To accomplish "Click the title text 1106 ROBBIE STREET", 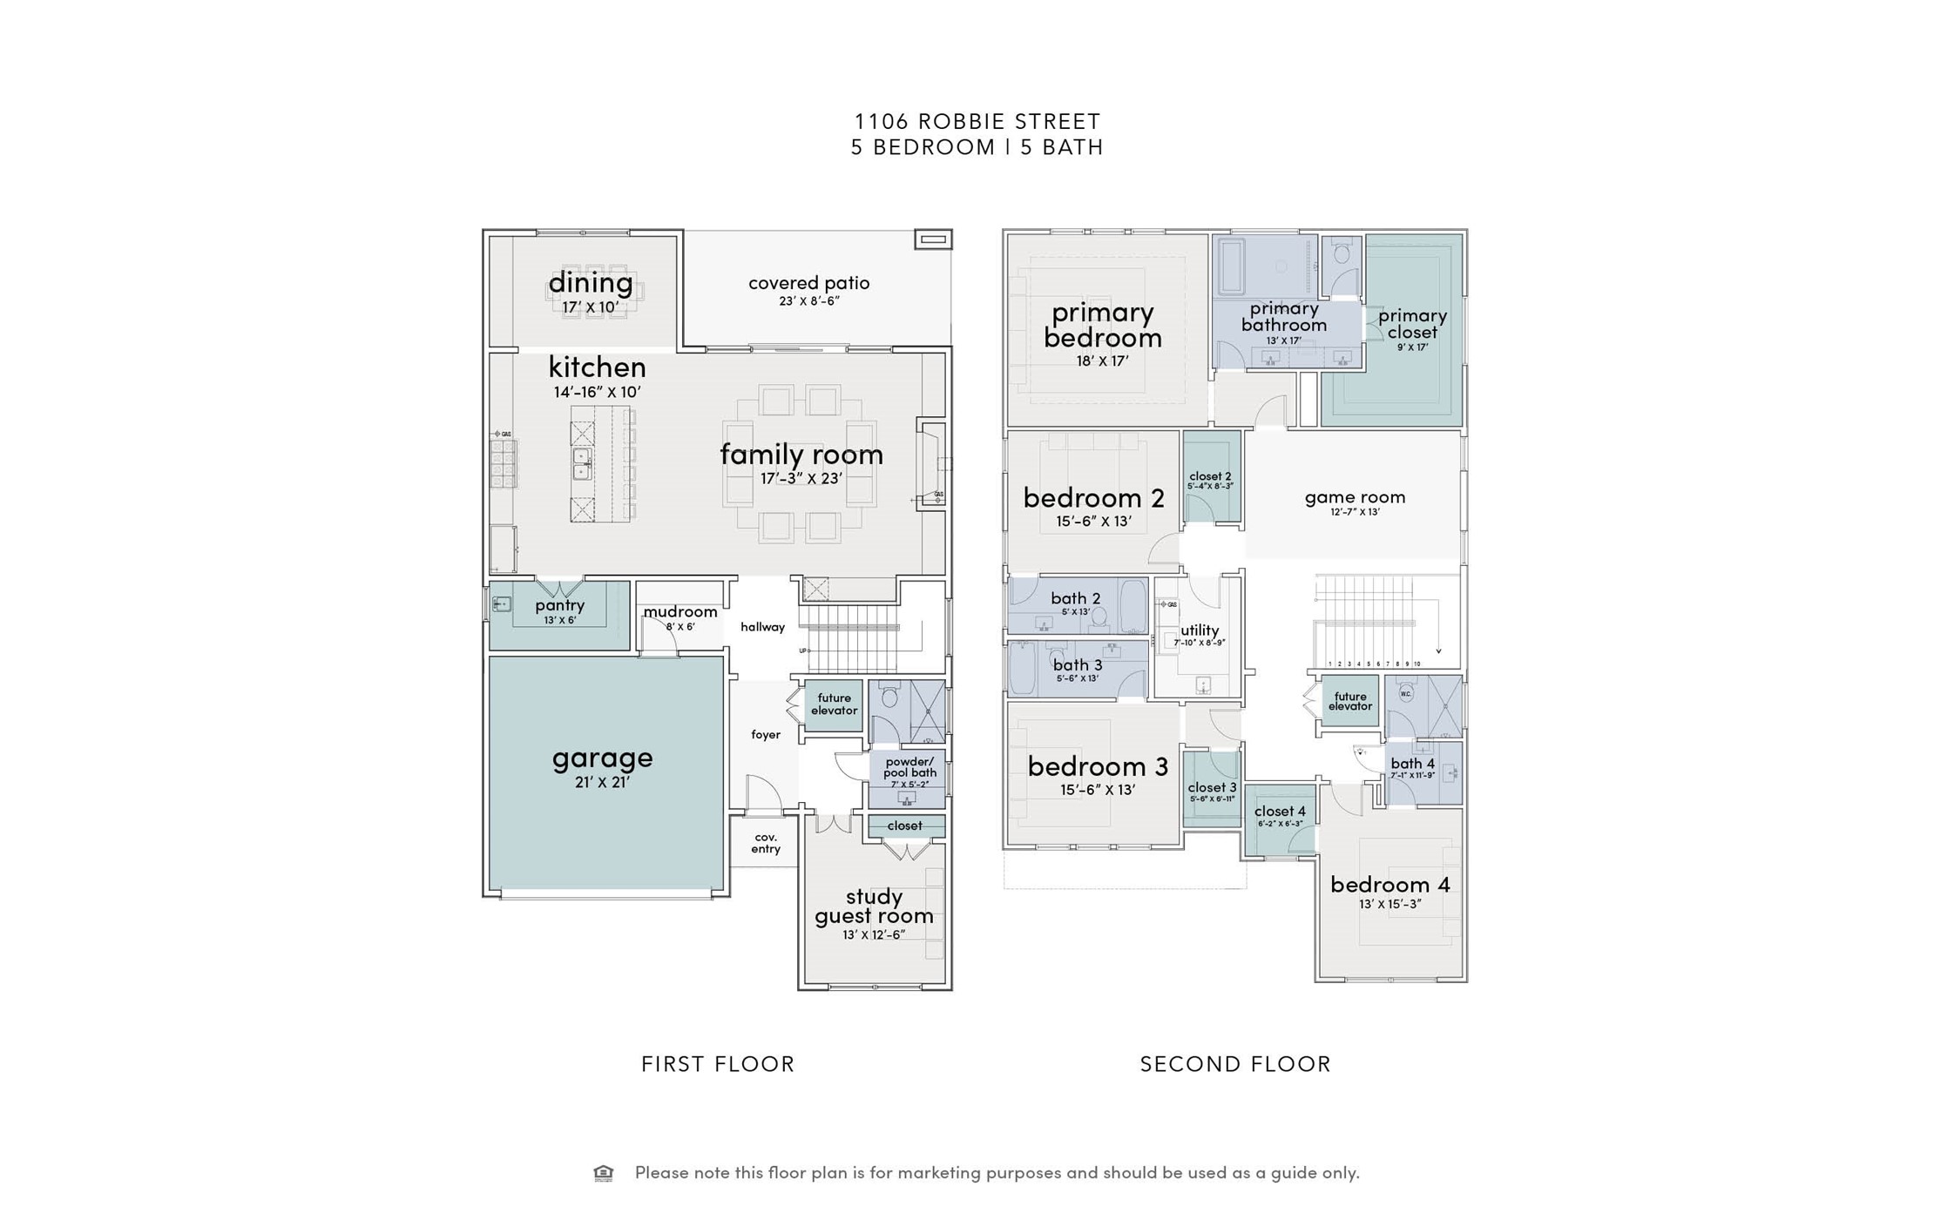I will click(x=977, y=121).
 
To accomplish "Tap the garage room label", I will click(x=602, y=758).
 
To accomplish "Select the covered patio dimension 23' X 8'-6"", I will click(x=808, y=301).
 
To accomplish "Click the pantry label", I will click(x=559, y=605).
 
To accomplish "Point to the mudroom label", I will click(x=680, y=611).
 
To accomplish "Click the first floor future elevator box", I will click(x=834, y=704).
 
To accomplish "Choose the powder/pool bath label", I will click(x=909, y=766).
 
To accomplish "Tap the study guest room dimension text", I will click(x=873, y=935).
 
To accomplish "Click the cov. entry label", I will click(x=766, y=842).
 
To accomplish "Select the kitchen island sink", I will click(x=581, y=463).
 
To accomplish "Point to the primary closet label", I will click(x=1412, y=323).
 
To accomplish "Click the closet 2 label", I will click(x=1210, y=476).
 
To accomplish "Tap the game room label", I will click(x=1355, y=497).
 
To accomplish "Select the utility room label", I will click(x=1200, y=630).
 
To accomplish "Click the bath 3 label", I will click(x=1077, y=665).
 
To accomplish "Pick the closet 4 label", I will click(x=1280, y=812).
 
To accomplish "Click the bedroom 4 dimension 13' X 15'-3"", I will click(x=1389, y=904).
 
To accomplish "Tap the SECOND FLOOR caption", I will click(x=1235, y=1064).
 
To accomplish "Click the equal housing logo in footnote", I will click(x=603, y=1173).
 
